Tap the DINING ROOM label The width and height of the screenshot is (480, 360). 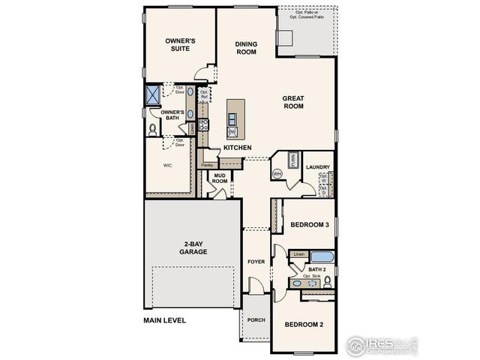pos(246,48)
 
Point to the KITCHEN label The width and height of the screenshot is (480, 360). pos(236,148)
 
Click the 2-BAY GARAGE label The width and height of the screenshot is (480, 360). pos(193,247)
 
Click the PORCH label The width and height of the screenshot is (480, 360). pos(256,319)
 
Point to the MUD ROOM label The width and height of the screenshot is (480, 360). pos(219,178)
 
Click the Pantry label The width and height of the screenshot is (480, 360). pos(207,164)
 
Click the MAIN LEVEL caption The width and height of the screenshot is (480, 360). pos(164,320)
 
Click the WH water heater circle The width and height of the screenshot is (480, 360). pos(277,173)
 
